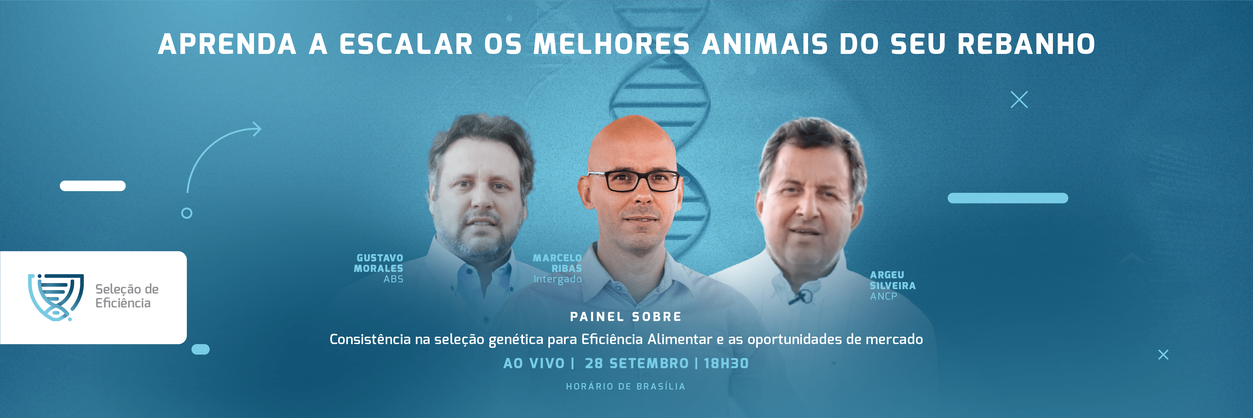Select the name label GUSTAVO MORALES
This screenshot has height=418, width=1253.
coord(378,263)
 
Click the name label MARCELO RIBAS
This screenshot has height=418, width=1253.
coord(557,263)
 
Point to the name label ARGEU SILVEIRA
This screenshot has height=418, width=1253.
coord(893,280)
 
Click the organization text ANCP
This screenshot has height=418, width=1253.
coord(883,296)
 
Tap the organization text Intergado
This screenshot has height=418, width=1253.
coord(557,279)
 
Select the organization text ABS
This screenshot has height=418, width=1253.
coord(393,279)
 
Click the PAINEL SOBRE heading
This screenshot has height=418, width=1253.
coord(626,317)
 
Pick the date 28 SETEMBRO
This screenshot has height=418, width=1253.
coord(637,363)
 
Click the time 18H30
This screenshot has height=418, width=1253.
coord(726,363)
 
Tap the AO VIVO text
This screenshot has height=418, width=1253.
coord(534,363)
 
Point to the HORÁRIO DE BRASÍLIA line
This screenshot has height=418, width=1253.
coord(626,386)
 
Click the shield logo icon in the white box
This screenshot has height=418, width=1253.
coord(56,297)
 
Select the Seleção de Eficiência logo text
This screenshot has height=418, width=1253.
coord(127,296)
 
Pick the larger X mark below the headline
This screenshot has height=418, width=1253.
coord(1019,100)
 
